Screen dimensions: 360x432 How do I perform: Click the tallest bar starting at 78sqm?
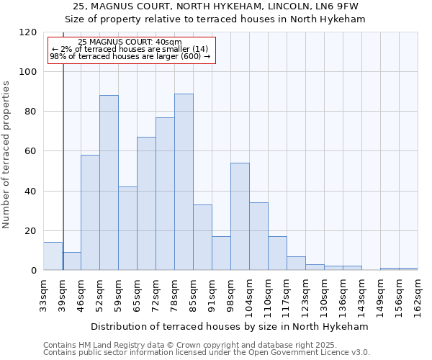click(x=184, y=182)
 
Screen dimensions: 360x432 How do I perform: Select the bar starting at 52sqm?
click(x=109, y=183)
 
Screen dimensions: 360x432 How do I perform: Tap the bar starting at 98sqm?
click(x=240, y=217)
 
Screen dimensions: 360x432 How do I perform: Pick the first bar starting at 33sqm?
click(x=53, y=256)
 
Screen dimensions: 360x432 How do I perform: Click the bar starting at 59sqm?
click(x=127, y=228)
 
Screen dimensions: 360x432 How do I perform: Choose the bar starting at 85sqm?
click(x=202, y=238)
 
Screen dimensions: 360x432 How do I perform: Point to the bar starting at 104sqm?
click(x=258, y=236)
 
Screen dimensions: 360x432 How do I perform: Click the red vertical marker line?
click(x=63, y=166)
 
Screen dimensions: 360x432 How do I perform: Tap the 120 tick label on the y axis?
click(x=28, y=32)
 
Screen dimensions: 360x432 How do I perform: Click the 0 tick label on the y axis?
click(x=34, y=271)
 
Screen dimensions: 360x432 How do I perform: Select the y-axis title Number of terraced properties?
click(x=6, y=154)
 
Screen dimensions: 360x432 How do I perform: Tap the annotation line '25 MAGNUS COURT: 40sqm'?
click(x=130, y=42)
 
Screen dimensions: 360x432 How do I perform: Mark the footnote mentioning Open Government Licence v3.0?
click(x=206, y=353)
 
